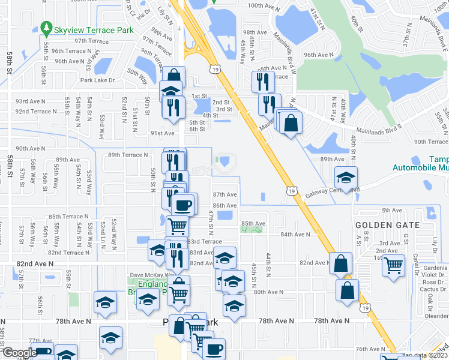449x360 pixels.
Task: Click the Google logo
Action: coord(19,353)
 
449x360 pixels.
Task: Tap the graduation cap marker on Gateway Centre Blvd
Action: coord(346,178)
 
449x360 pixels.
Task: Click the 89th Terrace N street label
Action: coord(128,155)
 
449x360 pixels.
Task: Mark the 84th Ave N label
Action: coord(295,235)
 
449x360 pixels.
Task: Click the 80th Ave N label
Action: coord(268,292)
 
